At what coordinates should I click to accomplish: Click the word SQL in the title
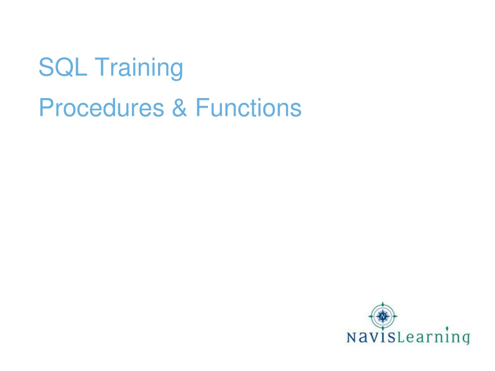coord(63,67)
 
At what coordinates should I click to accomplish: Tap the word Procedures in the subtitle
coord(102,108)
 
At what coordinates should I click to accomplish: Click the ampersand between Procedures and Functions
coord(179,108)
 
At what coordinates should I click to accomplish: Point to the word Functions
coord(249,108)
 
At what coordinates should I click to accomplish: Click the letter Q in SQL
coord(65,67)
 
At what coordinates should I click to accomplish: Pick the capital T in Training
coord(102,67)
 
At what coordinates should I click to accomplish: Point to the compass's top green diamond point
coord(383,304)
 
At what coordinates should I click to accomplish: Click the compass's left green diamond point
coord(371,316)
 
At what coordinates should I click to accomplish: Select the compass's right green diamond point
coord(395,316)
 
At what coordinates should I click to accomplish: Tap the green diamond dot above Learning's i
coord(447,328)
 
